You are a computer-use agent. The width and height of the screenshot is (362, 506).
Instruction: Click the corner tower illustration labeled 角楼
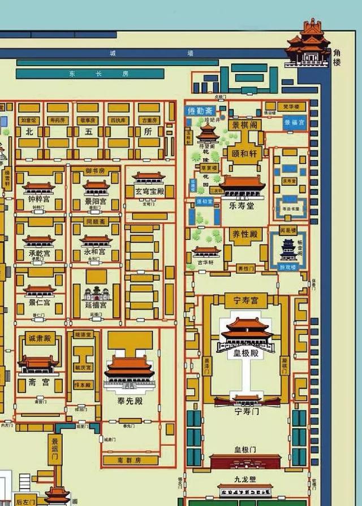[x=308, y=42]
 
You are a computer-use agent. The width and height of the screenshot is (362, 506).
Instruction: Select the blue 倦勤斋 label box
[x=200, y=111]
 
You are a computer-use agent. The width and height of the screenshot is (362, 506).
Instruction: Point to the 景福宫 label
[x=294, y=122]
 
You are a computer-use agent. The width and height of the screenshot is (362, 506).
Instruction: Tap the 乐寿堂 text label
[x=242, y=206]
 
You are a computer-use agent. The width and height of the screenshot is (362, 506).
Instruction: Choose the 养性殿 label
[x=245, y=234]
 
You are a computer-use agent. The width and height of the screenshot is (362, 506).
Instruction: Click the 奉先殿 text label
[x=131, y=401]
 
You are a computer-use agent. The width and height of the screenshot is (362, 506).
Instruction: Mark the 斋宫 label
[x=38, y=382]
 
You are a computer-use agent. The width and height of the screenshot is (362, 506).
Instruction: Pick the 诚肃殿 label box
[x=40, y=339]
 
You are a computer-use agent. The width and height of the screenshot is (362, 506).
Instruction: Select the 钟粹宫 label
[x=40, y=199]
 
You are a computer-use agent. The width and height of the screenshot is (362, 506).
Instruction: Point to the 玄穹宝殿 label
[x=149, y=191]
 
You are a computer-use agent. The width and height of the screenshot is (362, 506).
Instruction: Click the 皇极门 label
[x=245, y=450]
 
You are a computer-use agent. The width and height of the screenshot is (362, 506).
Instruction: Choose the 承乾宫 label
[x=40, y=253]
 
